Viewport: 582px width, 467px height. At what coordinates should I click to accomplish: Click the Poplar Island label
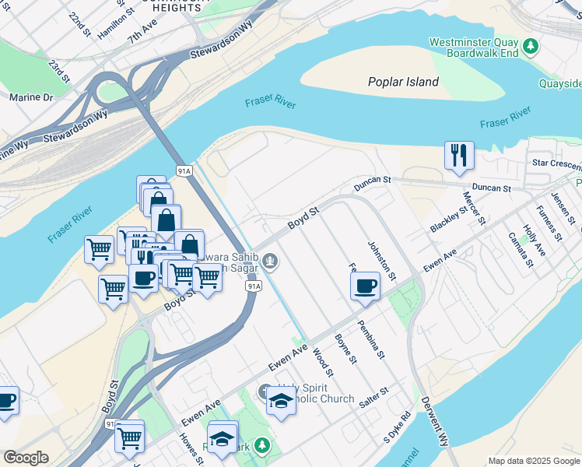point(403,82)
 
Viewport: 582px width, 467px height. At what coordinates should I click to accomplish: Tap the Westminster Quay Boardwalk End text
point(473,47)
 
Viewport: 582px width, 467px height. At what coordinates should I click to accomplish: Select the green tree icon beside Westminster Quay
point(531,47)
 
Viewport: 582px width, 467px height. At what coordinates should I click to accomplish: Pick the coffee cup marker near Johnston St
point(365,285)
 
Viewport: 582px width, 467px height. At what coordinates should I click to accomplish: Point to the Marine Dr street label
point(31,97)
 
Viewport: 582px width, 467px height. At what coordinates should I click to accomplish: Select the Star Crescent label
point(556,163)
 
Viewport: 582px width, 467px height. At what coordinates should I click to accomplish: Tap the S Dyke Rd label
point(396,428)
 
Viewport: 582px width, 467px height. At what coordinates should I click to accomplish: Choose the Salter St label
point(373,398)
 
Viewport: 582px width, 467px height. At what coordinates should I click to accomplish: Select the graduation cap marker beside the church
point(281,401)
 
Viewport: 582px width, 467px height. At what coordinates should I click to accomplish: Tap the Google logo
point(26,458)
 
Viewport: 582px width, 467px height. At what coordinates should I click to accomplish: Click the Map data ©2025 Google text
point(534,461)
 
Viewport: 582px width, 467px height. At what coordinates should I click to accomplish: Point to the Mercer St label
point(474,208)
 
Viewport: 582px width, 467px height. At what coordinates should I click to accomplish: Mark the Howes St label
point(191,449)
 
